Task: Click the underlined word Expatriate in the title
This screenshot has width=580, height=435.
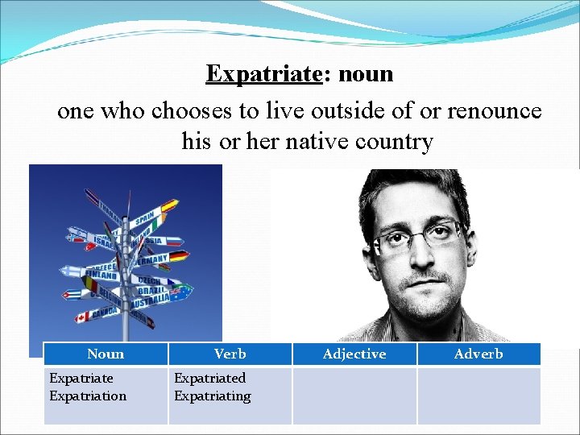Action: [263, 74]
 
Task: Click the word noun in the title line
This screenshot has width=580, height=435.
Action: [366, 74]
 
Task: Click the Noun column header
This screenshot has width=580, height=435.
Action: [106, 354]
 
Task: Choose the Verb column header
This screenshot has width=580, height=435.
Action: [230, 354]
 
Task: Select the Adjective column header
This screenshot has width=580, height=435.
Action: [354, 354]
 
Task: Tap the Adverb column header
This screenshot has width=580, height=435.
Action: [478, 354]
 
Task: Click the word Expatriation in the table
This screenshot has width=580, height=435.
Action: [88, 396]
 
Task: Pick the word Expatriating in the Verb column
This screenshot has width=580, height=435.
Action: [213, 396]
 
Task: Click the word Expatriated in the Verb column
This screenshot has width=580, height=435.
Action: [210, 378]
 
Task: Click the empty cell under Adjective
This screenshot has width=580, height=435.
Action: [354, 396]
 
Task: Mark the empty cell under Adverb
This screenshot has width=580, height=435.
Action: [478, 396]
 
